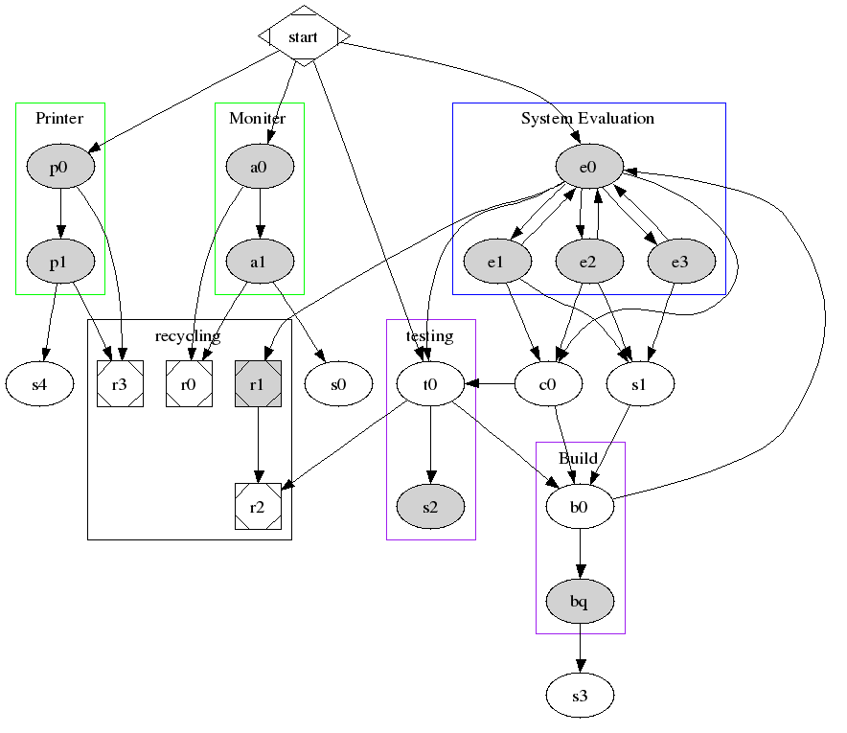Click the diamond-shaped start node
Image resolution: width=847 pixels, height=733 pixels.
(x=304, y=37)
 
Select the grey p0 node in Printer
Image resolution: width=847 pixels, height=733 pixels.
(x=59, y=168)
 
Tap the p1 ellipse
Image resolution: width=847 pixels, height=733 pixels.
(x=59, y=261)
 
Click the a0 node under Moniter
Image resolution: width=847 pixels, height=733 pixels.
(x=259, y=168)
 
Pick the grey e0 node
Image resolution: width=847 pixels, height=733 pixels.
(x=588, y=168)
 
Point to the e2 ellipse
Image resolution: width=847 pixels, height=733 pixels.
(x=588, y=261)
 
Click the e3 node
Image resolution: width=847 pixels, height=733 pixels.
(x=680, y=261)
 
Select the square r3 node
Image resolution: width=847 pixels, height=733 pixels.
(x=120, y=384)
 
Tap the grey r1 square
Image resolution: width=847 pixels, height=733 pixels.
(x=257, y=384)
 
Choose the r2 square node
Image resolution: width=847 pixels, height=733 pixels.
(x=257, y=507)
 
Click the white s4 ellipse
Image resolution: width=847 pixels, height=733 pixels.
(x=39, y=384)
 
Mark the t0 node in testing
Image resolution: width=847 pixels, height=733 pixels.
(x=430, y=384)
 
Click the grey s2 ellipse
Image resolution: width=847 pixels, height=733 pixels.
(x=430, y=507)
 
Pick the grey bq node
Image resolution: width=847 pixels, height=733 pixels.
(x=579, y=601)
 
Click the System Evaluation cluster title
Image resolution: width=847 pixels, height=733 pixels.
(x=587, y=119)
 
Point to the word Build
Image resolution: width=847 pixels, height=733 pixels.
(x=578, y=458)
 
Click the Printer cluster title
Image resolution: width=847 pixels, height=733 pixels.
(x=59, y=119)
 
